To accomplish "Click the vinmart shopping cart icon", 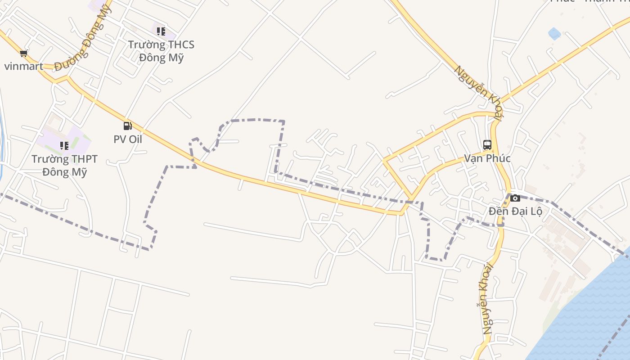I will [24, 54].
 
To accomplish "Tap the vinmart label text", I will [24, 67].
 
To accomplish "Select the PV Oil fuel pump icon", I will [128, 126].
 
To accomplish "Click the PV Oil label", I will [128, 139].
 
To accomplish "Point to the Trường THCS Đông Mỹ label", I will [161, 51].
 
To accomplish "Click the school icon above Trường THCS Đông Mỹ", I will [161, 31].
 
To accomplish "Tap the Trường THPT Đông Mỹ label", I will [64, 166].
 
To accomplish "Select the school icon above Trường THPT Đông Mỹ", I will [64, 145].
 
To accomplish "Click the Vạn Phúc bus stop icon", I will [487, 145].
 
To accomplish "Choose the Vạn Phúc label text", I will [487, 158].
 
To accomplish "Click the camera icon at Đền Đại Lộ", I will [515, 198].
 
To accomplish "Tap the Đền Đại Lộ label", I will [515, 211].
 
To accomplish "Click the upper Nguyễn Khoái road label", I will [478, 92].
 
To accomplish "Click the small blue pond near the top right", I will [554, 33].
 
